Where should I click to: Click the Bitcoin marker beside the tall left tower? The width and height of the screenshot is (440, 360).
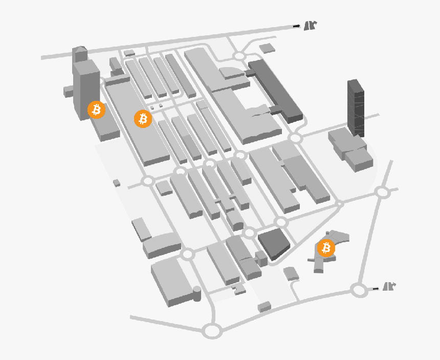[x=96, y=110]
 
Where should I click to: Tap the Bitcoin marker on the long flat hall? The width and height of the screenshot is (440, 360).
[x=143, y=119]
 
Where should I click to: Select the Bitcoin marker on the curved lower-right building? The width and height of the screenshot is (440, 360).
[x=326, y=248]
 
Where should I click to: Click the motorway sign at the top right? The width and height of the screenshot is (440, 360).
[x=311, y=26]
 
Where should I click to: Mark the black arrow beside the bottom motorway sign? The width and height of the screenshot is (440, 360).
[x=376, y=289]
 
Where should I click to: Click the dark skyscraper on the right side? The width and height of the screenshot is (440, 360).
[x=356, y=108]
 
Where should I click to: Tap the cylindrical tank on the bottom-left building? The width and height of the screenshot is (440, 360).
[x=196, y=293]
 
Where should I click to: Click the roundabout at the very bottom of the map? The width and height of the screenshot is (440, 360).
[x=212, y=331]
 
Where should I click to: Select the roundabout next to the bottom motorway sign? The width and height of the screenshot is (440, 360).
[x=359, y=290]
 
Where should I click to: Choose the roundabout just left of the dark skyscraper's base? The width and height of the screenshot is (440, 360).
[x=295, y=138]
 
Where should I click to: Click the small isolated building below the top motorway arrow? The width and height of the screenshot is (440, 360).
[x=266, y=48]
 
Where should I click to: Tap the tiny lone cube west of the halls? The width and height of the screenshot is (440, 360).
[x=117, y=182]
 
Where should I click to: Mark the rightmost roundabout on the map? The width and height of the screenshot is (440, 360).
[x=382, y=192]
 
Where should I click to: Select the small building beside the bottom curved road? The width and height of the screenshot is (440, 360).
[x=264, y=307]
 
